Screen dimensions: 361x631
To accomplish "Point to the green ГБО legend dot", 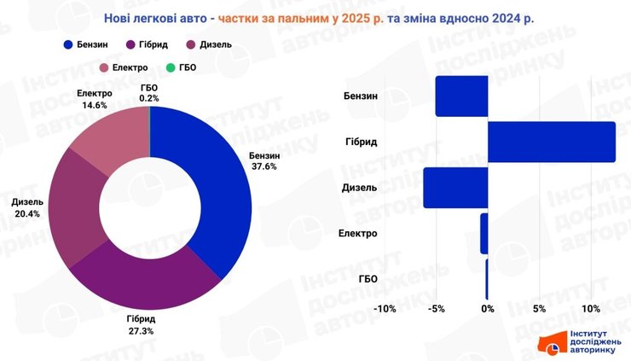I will [170, 67].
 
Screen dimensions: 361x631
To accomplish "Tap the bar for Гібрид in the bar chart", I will [551, 142].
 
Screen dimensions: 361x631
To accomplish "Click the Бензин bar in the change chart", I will [461, 96].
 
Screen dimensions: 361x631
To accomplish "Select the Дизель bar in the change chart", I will [455, 188].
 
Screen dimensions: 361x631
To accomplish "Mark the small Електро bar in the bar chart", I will [483, 233].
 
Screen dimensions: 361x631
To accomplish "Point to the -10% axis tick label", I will [385, 308].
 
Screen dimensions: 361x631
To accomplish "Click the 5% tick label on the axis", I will [539, 308].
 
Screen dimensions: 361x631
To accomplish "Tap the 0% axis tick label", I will [488, 308].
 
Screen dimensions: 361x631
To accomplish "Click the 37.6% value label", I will [263, 167].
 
